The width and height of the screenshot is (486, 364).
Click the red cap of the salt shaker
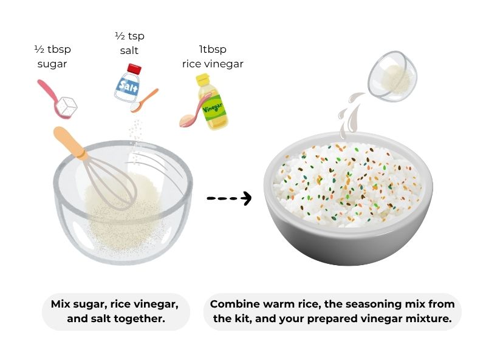tap(134, 69)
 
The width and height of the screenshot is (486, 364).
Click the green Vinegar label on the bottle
tap(213, 109)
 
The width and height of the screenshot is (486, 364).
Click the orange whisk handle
tap(69, 143)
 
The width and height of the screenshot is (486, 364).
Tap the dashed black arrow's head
tap(247, 198)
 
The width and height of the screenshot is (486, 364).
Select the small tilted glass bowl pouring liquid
tap(392, 76)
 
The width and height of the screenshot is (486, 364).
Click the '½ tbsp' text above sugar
tap(53, 49)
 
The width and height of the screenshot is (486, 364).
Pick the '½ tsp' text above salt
tap(129, 36)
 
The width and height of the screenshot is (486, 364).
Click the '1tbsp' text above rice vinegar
tap(213, 49)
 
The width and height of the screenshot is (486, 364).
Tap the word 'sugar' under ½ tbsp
tap(52, 64)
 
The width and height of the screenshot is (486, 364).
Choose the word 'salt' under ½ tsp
tap(129, 50)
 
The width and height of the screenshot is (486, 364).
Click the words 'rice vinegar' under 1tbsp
tap(213, 64)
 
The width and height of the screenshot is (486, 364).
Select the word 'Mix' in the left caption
tap(60, 304)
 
